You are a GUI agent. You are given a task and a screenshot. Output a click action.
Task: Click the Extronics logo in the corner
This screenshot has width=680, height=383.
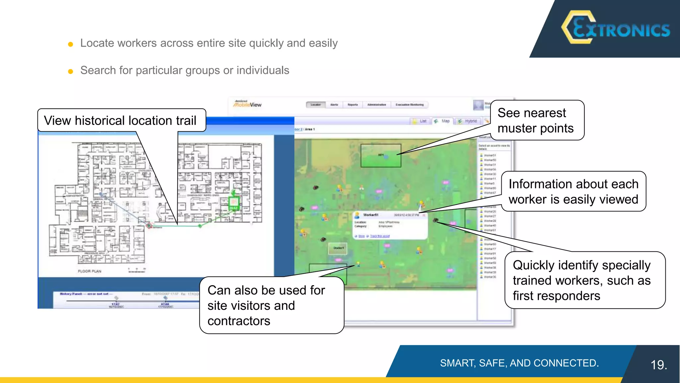(x=616, y=28)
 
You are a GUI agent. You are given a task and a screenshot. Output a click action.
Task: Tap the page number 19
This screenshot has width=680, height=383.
(x=659, y=365)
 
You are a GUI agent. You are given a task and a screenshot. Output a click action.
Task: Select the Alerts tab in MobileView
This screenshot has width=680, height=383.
(x=334, y=105)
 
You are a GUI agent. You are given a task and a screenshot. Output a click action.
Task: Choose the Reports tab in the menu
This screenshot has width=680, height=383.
(x=353, y=105)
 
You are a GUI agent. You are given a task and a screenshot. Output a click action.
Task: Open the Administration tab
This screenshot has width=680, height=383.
(x=377, y=105)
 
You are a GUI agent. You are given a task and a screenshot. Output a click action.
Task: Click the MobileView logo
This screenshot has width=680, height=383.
(x=247, y=104)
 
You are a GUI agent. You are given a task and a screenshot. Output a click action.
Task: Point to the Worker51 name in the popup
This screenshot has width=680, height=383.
(x=371, y=215)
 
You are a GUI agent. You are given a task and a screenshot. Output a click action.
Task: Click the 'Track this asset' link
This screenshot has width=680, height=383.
(x=380, y=236)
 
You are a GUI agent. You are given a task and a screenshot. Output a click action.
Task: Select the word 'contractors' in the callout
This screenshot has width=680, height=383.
(x=239, y=321)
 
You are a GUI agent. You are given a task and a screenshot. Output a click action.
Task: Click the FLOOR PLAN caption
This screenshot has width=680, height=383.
(x=89, y=271)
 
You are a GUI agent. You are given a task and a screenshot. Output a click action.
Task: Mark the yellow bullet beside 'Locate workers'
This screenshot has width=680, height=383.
(x=70, y=44)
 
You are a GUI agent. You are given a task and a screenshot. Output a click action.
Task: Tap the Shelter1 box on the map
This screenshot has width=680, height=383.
(x=338, y=248)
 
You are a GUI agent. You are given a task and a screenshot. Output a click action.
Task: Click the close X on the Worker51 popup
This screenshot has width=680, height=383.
(x=424, y=215)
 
